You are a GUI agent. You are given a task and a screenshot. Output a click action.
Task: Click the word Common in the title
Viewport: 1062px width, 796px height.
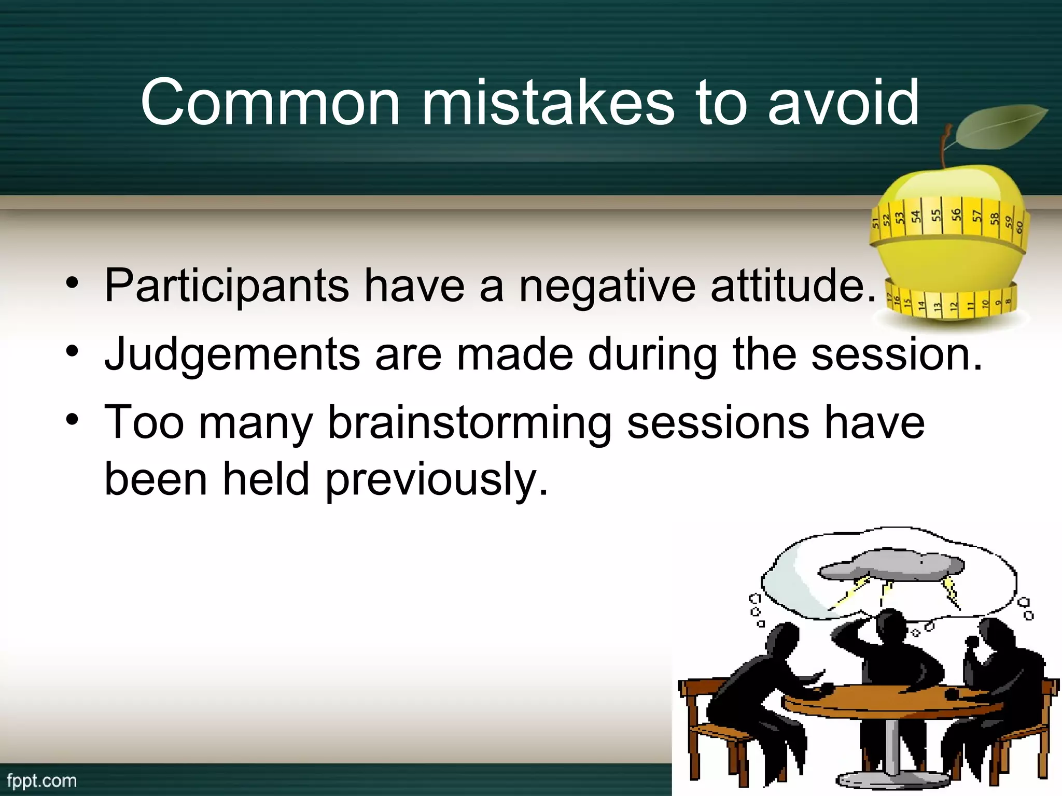(x=270, y=103)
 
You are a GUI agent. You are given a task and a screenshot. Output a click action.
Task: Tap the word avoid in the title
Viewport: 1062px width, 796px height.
(x=843, y=103)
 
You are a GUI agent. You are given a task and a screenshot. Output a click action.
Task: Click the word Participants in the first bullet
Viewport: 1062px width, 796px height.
(x=227, y=286)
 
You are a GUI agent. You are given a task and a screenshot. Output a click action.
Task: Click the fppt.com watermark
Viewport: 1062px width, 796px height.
(x=41, y=781)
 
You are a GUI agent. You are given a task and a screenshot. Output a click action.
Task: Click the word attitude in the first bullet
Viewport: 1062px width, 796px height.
(x=793, y=286)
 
